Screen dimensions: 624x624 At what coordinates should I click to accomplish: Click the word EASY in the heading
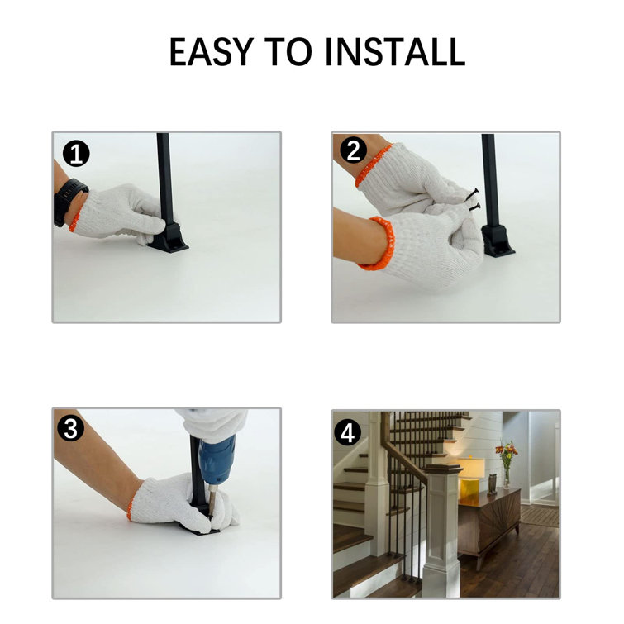(x=212, y=51)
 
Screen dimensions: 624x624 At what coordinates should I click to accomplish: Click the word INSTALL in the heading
(x=395, y=51)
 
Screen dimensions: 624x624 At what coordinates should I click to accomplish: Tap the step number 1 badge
(x=76, y=154)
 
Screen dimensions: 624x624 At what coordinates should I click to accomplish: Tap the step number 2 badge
(x=354, y=150)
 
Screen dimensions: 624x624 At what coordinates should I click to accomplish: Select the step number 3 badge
(x=71, y=429)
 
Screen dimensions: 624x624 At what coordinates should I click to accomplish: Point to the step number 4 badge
(x=347, y=432)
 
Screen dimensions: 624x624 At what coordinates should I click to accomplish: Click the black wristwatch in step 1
(x=68, y=202)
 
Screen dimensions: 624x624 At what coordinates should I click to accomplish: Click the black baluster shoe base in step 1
(x=169, y=238)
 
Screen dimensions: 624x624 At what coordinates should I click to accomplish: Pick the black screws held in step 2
(x=474, y=200)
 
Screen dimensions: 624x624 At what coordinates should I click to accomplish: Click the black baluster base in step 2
(x=497, y=241)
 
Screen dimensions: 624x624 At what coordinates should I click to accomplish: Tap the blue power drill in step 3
(x=217, y=460)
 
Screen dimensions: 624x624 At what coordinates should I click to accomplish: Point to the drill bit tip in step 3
(x=211, y=517)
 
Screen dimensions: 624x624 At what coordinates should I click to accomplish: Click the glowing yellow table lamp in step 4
(x=471, y=477)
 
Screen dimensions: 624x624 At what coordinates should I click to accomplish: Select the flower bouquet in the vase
(x=506, y=453)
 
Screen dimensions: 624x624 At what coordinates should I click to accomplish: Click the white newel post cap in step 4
(x=442, y=469)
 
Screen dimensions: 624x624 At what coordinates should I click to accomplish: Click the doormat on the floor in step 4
(x=539, y=515)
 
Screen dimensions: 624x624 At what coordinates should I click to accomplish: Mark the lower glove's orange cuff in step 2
(x=379, y=244)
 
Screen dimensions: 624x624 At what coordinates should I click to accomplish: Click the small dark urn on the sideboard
(x=493, y=484)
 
